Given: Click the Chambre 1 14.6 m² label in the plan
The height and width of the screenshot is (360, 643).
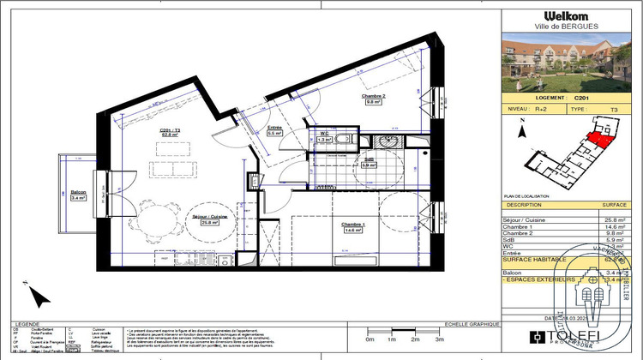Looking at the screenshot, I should coord(350,227).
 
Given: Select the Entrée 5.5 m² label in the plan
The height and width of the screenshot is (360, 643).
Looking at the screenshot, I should coord(275,130).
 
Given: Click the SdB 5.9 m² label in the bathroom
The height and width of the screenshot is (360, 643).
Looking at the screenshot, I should coord(368,162).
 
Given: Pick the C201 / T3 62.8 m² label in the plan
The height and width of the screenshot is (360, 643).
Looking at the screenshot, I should coord(168,132).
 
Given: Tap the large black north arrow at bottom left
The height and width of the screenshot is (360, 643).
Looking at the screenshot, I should coord(38,297).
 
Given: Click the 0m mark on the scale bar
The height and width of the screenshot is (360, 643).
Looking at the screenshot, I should coord(369,340).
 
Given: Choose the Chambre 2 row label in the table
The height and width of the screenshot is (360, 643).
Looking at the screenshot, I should coord(520,235).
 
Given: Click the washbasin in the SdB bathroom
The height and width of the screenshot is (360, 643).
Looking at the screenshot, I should coord(390,142).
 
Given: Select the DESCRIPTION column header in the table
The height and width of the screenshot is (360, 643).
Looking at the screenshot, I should coord(525,206).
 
